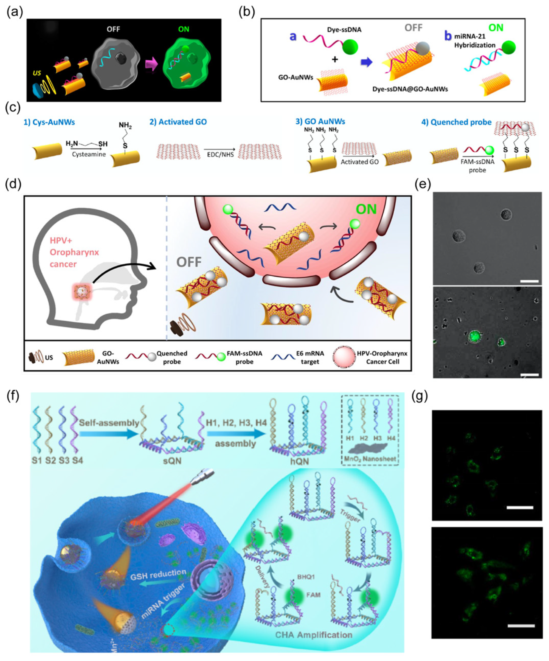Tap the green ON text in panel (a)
[x=184, y=29]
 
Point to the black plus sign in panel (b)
[x=335, y=59]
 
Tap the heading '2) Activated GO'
[x=178, y=122]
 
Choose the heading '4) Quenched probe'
[x=456, y=122]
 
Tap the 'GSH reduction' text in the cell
[x=158, y=572]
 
